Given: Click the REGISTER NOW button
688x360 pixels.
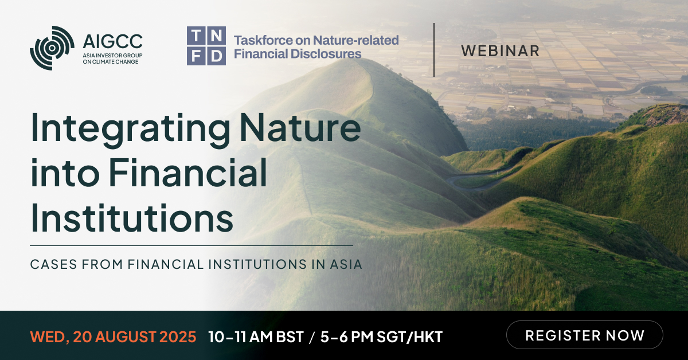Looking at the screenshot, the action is [x=584, y=335].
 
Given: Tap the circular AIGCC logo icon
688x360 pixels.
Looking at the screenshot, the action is [x=52, y=48].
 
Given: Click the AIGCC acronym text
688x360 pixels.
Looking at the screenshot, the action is [x=112, y=41].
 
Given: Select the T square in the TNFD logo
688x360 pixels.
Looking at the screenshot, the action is [x=196, y=36].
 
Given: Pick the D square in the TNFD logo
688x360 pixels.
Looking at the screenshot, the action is [x=217, y=56].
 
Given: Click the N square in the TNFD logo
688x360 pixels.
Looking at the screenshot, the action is [x=217, y=36].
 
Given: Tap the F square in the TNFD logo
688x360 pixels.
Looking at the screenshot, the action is [x=196, y=56].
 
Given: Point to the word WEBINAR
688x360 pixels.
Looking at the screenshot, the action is [x=500, y=51].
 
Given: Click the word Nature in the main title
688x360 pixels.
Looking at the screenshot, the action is [x=300, y=128].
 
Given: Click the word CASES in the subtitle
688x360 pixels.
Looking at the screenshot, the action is [x=53, y=264].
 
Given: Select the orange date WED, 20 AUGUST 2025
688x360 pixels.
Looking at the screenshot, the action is [x=113, y=336].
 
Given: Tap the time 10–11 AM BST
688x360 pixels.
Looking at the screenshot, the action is [x=256, y=336].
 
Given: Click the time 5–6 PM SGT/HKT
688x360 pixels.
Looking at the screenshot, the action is [x=381, y=336].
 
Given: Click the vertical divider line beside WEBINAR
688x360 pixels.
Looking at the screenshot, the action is [x=434, y=50].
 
